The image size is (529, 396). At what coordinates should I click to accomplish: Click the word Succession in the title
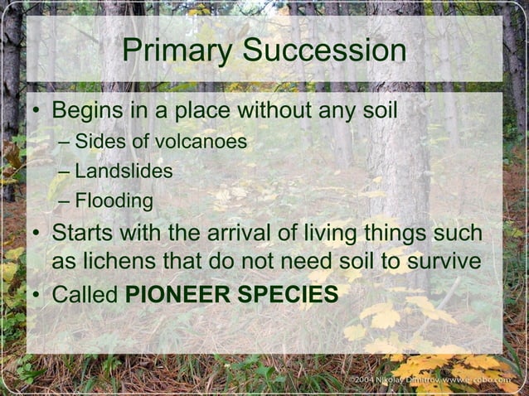[x=325, y=51]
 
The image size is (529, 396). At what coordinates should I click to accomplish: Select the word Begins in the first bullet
[x=87, y=110]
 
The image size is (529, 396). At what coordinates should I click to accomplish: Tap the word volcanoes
[x=201, y=142]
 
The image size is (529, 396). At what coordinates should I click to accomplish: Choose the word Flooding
[x=114, y=200]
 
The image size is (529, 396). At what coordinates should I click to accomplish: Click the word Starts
[x=81, y=231]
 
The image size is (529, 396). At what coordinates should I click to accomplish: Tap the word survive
[x=443, y=261]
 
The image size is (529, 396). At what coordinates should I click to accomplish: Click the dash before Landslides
[x=65, y=172]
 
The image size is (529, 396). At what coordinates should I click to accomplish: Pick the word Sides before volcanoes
[x=96, y=142]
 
